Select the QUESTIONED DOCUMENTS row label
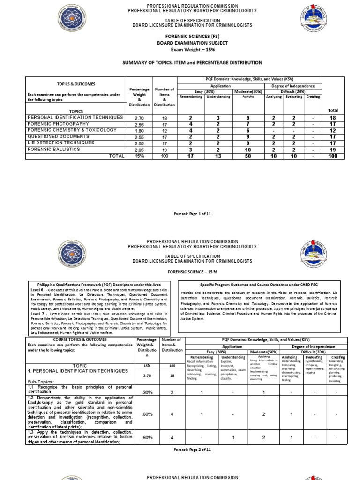[58, 136]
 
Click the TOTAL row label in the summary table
[117, 156]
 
